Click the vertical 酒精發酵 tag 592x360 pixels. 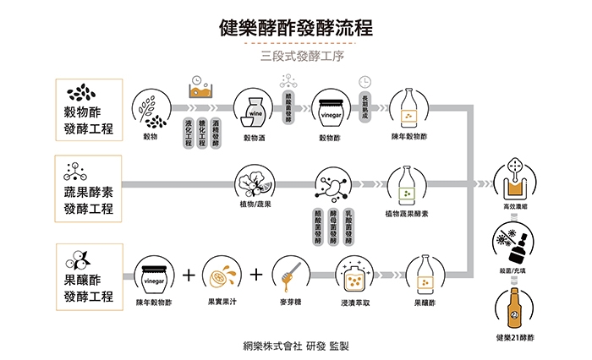point(217,133)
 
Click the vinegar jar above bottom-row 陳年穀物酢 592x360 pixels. point(154,275)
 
